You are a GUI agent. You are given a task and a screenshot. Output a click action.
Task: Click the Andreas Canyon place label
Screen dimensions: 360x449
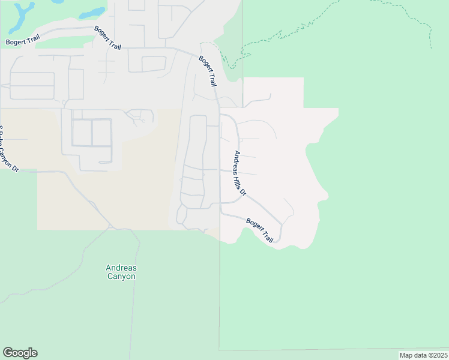(121, 272)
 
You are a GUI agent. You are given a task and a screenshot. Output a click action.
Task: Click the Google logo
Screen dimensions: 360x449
(20, 353)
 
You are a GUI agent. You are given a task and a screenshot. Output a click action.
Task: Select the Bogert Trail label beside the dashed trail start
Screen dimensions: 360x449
(207, 71)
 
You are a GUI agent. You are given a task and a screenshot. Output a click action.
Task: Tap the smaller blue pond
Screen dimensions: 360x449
(92, 13)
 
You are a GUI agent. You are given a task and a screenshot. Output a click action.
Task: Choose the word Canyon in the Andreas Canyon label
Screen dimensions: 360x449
(121, 277)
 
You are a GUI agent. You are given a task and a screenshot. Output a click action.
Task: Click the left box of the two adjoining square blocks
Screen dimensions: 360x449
(82, 133)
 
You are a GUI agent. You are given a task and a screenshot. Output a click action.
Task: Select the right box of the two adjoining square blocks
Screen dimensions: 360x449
(102, 133)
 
